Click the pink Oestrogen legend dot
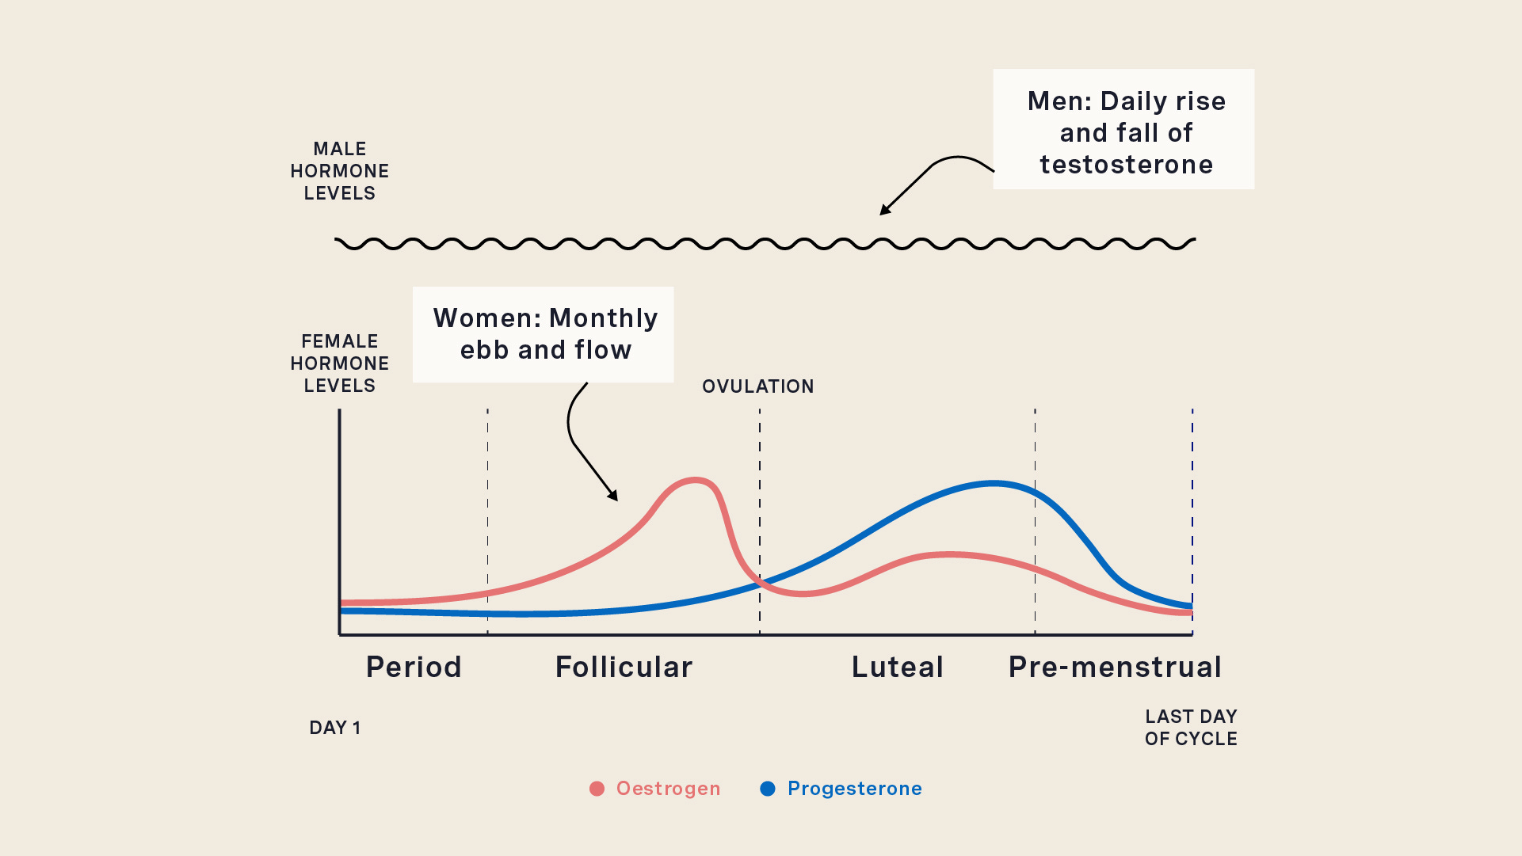597,789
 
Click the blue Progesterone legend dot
767,789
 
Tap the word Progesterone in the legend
854,789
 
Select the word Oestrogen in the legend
668,789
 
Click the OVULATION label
757,386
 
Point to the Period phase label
414,667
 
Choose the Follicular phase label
624,667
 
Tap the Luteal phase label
897,667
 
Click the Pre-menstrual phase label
1115,667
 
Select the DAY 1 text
335,728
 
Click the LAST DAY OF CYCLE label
1191,728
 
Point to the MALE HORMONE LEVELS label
339,171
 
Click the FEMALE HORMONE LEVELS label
339,363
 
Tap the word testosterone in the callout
1126,165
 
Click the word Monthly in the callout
603,318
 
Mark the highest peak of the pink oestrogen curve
695,479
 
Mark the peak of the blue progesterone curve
993,482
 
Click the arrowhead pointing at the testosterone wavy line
884,211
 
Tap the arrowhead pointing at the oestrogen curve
613,496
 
